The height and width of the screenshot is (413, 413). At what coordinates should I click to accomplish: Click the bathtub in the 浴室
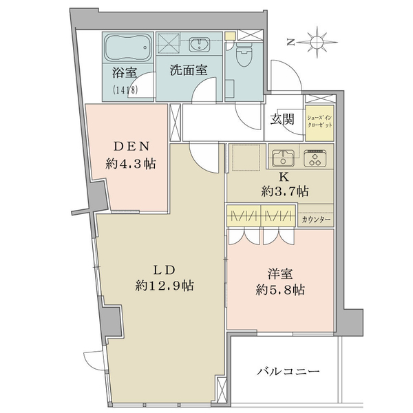tap(127, 48)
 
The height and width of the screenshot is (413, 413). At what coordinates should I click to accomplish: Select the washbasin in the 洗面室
tap(200, 44)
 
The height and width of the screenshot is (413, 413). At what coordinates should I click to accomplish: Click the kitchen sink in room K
tap(283, 158)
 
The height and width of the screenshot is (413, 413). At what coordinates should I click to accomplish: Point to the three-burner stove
tap(315, 158)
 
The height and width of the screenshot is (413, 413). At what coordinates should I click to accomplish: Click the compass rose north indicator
tap(317, 42)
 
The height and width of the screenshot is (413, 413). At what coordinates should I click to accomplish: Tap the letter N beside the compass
tap(290, 42)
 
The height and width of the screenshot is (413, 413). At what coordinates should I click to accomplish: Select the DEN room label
tap(131, 146)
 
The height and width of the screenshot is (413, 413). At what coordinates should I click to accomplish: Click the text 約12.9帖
tap(165, 286)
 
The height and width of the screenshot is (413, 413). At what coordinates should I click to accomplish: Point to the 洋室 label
tap(280, 274)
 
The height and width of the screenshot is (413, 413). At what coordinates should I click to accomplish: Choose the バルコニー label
tap(288, 372)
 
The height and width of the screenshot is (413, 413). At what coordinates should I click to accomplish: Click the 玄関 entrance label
tap(282, 120)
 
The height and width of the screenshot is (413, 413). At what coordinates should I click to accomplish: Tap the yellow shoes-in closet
tap(320, 123)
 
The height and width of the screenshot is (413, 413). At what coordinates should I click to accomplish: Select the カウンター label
tap(316, 220)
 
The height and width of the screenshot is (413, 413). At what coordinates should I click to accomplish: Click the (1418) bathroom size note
tap(125, 90)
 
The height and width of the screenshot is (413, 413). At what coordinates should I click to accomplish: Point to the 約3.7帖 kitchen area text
tap(285, 191)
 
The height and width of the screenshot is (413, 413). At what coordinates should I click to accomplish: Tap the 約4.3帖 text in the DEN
tap(131, 164)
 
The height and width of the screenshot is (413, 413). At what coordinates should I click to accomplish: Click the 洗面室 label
tap(189, 70)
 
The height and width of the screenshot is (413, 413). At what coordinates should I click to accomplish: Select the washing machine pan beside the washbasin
tap(169, 43)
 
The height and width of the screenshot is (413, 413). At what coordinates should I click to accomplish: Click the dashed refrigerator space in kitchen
tap(245, 157)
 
